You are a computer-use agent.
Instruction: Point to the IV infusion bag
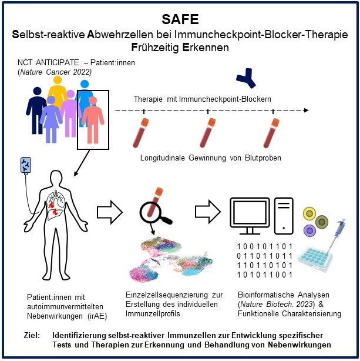(x=26, y=166)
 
